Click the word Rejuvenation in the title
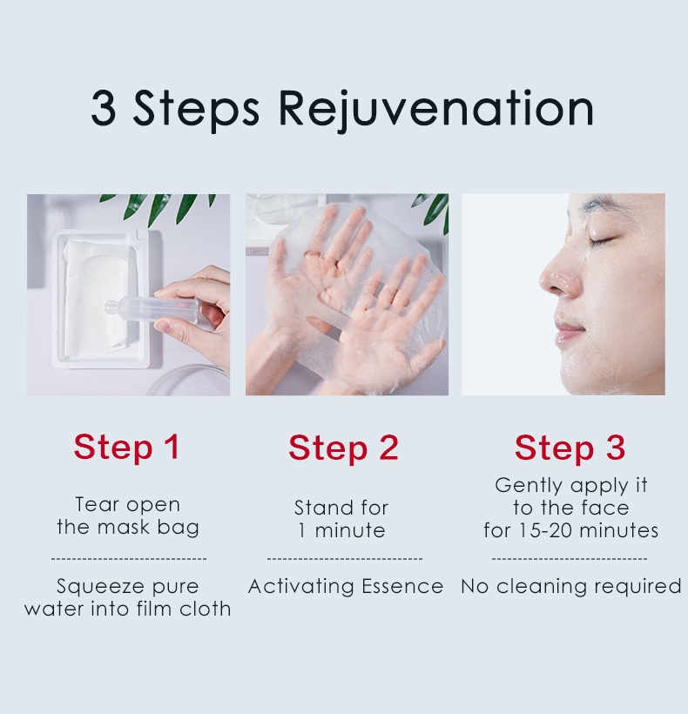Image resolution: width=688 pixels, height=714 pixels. pos(436,109)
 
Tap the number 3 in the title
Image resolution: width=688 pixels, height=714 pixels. pos(104,109)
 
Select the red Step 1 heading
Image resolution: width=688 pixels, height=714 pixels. pos(126,447)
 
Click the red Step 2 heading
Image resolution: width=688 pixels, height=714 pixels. pos(343,448)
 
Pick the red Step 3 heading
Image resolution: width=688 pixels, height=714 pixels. pos(570,448)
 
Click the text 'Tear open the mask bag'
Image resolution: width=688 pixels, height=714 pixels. pos(128,515)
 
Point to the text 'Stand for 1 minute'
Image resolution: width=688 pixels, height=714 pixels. pos(341,519)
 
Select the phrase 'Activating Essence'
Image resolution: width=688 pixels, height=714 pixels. pos(345,587)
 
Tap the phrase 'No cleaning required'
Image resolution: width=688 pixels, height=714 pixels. pos(570,587)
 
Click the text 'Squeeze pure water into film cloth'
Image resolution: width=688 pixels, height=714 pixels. pos(128,597)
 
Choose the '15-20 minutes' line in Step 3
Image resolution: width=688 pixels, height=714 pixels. pos(570,530)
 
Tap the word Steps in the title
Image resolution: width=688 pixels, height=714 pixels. pos(196,109)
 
